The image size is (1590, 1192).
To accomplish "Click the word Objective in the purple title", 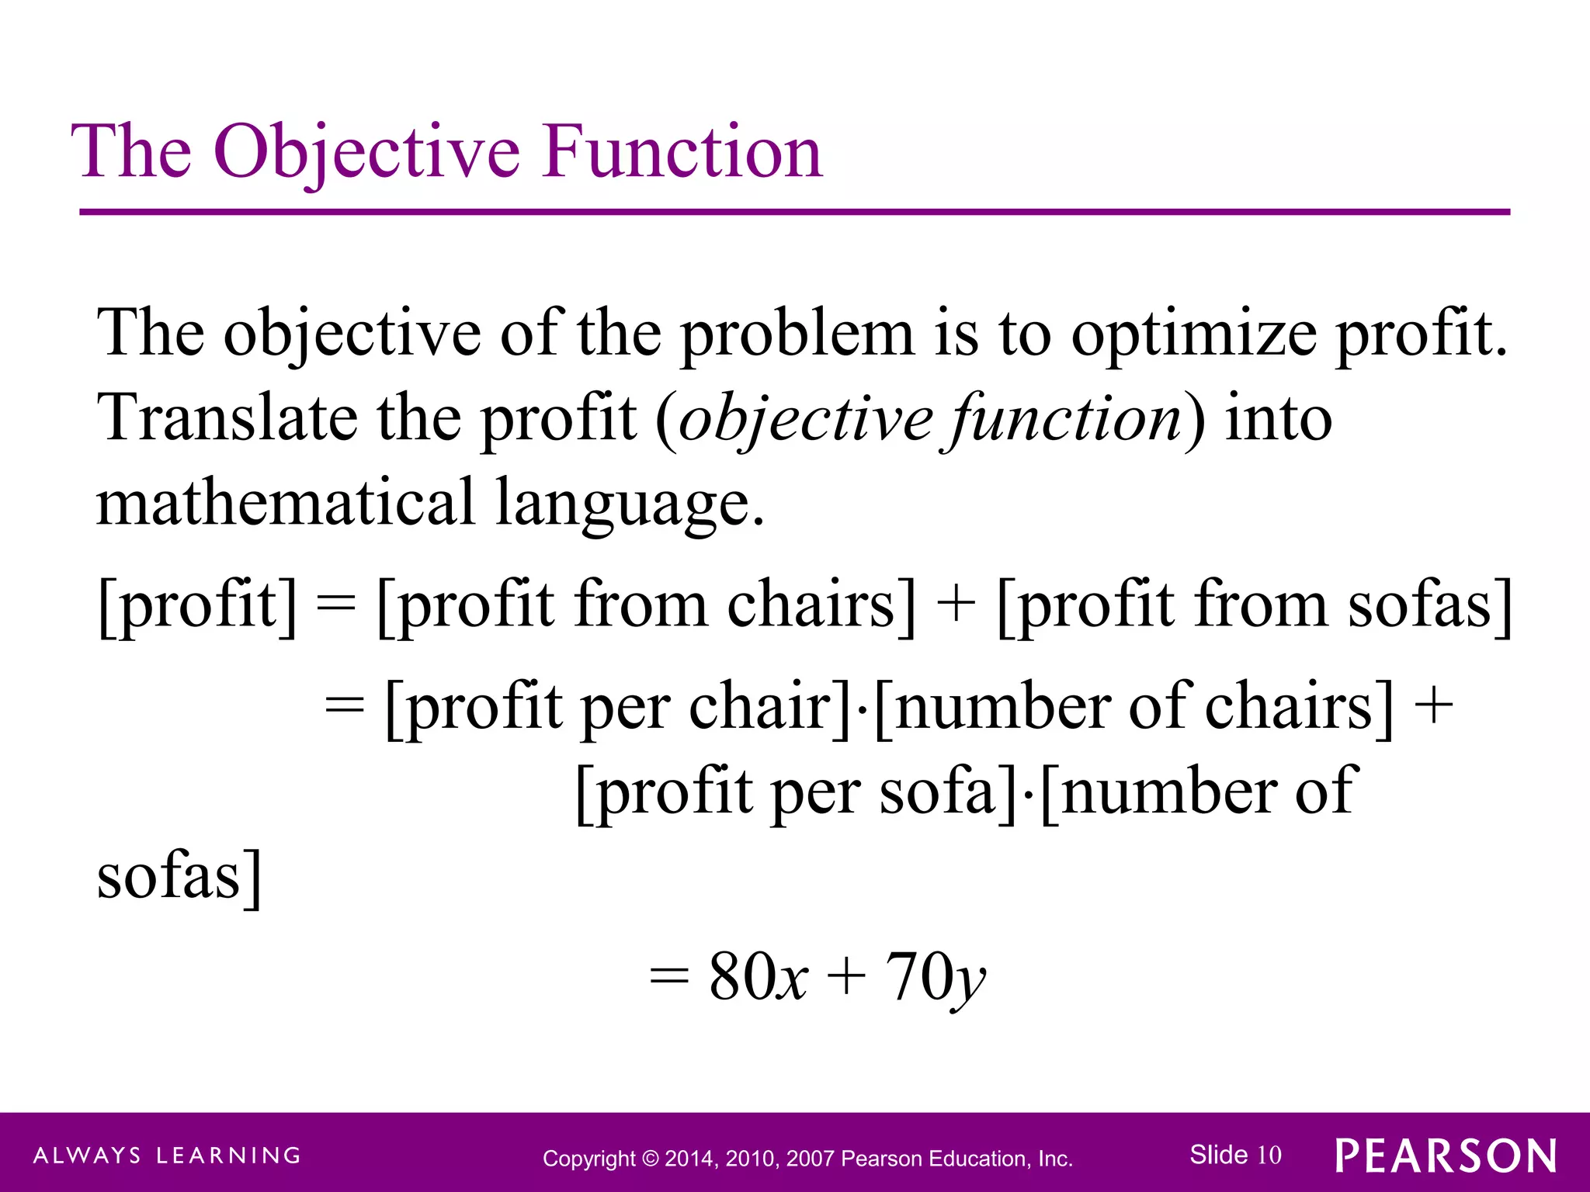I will (x=366, y=152).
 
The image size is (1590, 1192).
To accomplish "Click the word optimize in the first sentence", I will (x=1193, y=334).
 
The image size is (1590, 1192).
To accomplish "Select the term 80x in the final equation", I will (x=758, y=977).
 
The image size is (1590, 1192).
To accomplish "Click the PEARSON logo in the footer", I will (x=1446, y=1156).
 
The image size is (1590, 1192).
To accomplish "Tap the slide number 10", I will (x=1269, y=1155).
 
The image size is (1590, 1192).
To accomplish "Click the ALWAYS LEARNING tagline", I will (x=167, y=1156).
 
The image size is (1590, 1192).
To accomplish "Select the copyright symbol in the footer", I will (x=651, y=1159).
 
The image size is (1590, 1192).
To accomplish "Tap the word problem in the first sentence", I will (x=797, y=334).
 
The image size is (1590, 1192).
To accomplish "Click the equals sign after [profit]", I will (x=336, y=605).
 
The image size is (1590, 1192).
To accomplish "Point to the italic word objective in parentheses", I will (x=805, y=420).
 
